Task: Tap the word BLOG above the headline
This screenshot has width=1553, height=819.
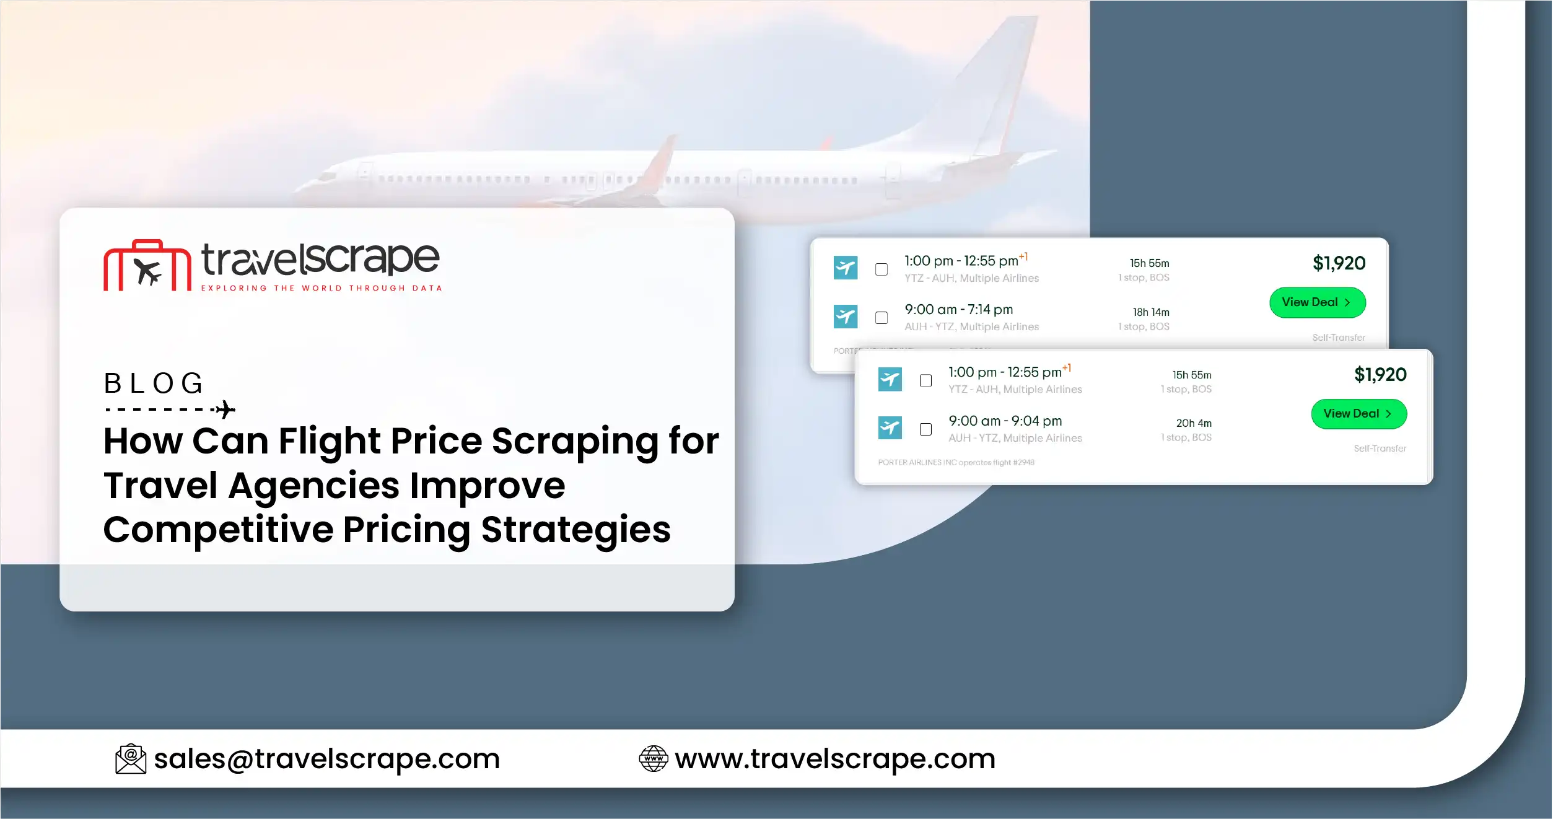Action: click(x=154, y=383)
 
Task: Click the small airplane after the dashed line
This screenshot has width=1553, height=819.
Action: click(x=225, y=409)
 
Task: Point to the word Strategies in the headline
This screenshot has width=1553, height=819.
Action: click(x=575, y=530)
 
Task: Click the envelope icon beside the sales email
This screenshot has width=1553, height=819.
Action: click(x=131, y=759)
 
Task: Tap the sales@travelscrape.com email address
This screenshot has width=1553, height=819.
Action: click(x=326, y=759)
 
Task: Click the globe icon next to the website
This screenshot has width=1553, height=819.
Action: click(x=653, y=759)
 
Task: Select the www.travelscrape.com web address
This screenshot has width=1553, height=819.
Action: click(x=835, y=759)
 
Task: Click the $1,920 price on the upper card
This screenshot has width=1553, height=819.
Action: click(x=1339, y=263)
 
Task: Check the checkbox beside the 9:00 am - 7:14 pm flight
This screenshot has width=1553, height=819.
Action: click(x=881, y=318)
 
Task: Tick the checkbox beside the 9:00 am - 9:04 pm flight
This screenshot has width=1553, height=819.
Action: click(x=925, y=429)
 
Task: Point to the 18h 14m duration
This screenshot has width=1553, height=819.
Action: click(x=1151, y=312)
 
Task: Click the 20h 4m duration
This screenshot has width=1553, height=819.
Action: click(x=1194, y=423)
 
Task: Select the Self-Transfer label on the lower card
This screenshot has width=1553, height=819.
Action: click(x=1380, y=449)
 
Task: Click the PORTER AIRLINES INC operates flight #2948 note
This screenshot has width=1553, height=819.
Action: click(x=956, y=463)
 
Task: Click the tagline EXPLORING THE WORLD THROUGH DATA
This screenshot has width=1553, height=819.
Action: click(x=322, y=288)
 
